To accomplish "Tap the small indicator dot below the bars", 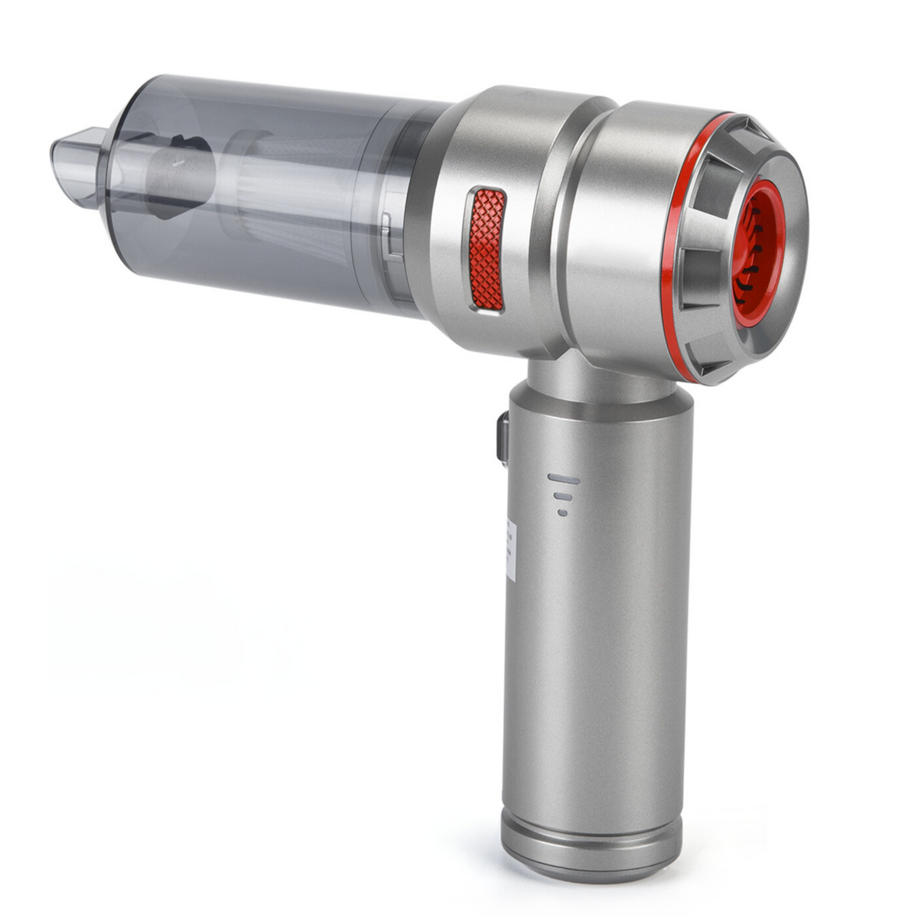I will coord(563,513).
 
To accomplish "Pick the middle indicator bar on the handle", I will coord(563,496).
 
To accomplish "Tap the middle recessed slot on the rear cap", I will coord(700,260).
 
